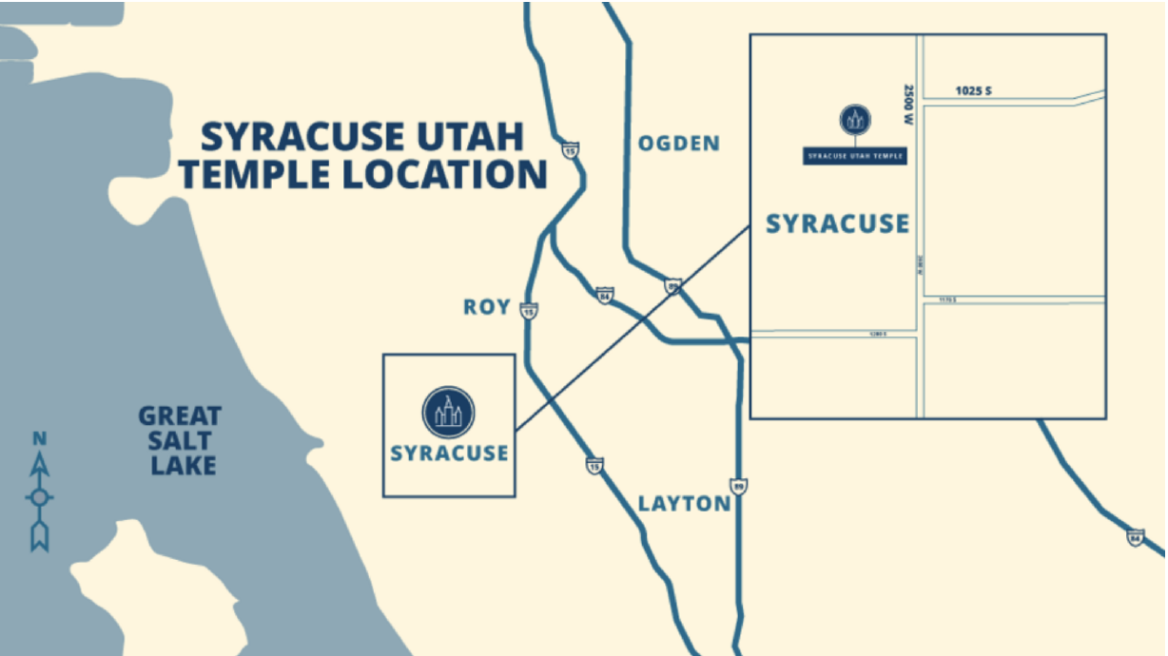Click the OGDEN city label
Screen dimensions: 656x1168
tap(678, 144)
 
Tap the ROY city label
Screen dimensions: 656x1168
tap(487, 307)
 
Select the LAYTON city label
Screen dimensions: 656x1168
tap(684, 503)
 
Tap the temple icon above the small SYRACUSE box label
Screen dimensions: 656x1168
tap(448, 412)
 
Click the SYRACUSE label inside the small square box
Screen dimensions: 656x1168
tap(449, 453)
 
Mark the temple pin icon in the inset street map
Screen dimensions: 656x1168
tap(854, 120)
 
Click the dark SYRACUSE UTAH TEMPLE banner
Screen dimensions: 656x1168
tap(854, 155)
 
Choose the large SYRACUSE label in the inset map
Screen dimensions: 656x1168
tap(837, 224)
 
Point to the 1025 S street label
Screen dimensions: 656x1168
tap(973, 91)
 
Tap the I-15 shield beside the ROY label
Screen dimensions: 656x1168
tap(529, 310)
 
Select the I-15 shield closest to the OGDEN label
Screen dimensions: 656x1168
tap(570, 150)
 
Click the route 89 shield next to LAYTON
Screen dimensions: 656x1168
tap(738, 486)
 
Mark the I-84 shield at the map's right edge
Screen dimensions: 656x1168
tap(1134, 537)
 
